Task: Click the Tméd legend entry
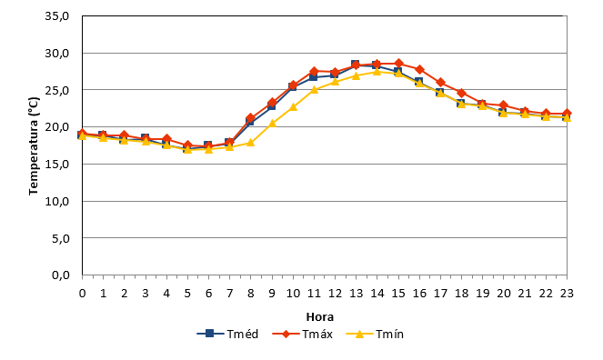pyautogui.click(x=227, y=334)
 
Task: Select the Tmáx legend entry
pyautogui.click(x=302, y=334)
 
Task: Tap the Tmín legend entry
pyautogui.click(x=375, y=334)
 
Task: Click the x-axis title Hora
pyautogui.click(x=319, y=317)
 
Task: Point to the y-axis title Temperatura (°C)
pyautogui.click(x=34, y=145)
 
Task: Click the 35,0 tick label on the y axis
pyautogui.click(x=57, y=16)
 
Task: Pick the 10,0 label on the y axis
pyautogui.click(x=57, y=201)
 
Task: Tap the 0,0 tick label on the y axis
pyautogui.click(x=60, y=275)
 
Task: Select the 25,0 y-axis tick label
pyautogui.click(x=57, y=90)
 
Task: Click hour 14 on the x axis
pyautogui.click(x=377, y=294)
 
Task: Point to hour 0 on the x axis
pyautogui.click(x=82, y=294)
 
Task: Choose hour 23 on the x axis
pyautogui.click(x=567, y=294)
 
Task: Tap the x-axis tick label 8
pyautogui.click(x=251, y=294)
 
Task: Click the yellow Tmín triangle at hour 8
pyautogui.click(x=251, y=143)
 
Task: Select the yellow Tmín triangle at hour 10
pyautogui.click(x=293, y=106)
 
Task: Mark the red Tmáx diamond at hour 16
pyautogui.click(x=419, y=69)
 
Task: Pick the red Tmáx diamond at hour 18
pyautogui.click(x=461, y=93)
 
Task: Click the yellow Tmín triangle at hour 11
pyautogui.click(x=314, y=89)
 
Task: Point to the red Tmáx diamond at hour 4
pyautogui.click(x=166, y=139)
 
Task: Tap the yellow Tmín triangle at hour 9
pyautogui.click(x=272, y=124)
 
